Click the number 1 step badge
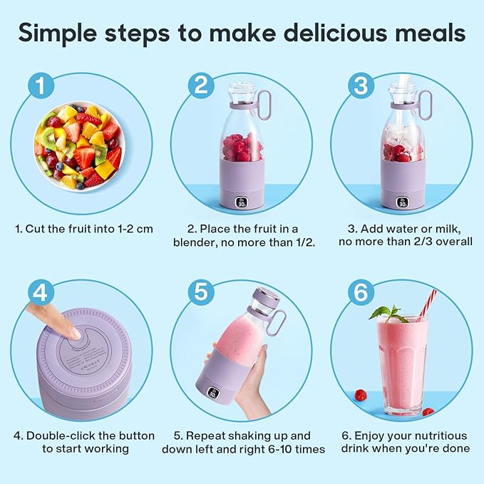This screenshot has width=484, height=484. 41,86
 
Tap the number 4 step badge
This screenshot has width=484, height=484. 41,293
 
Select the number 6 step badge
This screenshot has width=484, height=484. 361,293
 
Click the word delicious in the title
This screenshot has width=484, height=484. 335,33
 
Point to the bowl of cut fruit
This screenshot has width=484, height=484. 79,147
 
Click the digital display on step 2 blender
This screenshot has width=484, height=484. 242,202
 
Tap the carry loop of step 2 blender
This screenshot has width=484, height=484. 263,105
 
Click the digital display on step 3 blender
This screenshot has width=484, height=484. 403,202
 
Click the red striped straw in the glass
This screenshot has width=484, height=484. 428,305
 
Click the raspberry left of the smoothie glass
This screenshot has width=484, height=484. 360,395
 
